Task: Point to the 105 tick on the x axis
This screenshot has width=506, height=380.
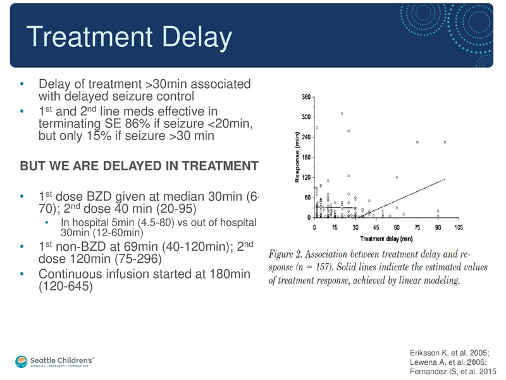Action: tap(457, 227)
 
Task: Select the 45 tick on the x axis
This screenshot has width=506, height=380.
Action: tap(376, 227)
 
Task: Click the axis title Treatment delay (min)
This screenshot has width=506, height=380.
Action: tap(386, 239)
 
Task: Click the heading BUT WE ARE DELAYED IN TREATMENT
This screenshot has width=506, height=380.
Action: tap(139, 166)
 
